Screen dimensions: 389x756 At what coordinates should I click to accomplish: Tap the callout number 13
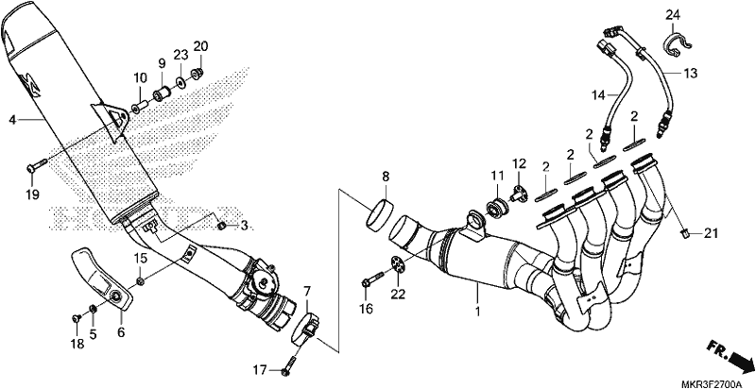tap(690, 73)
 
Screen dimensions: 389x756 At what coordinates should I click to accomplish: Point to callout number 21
tap(711, 233)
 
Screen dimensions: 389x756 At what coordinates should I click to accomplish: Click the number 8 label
tap(386, 177)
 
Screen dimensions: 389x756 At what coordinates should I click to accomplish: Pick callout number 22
tap(398, 295)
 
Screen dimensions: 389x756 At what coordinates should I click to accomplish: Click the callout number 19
tap(30, 194)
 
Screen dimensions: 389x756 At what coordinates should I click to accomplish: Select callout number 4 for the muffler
tap(11, 119)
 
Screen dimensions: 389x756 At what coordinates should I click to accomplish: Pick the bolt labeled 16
tap(369, 280)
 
